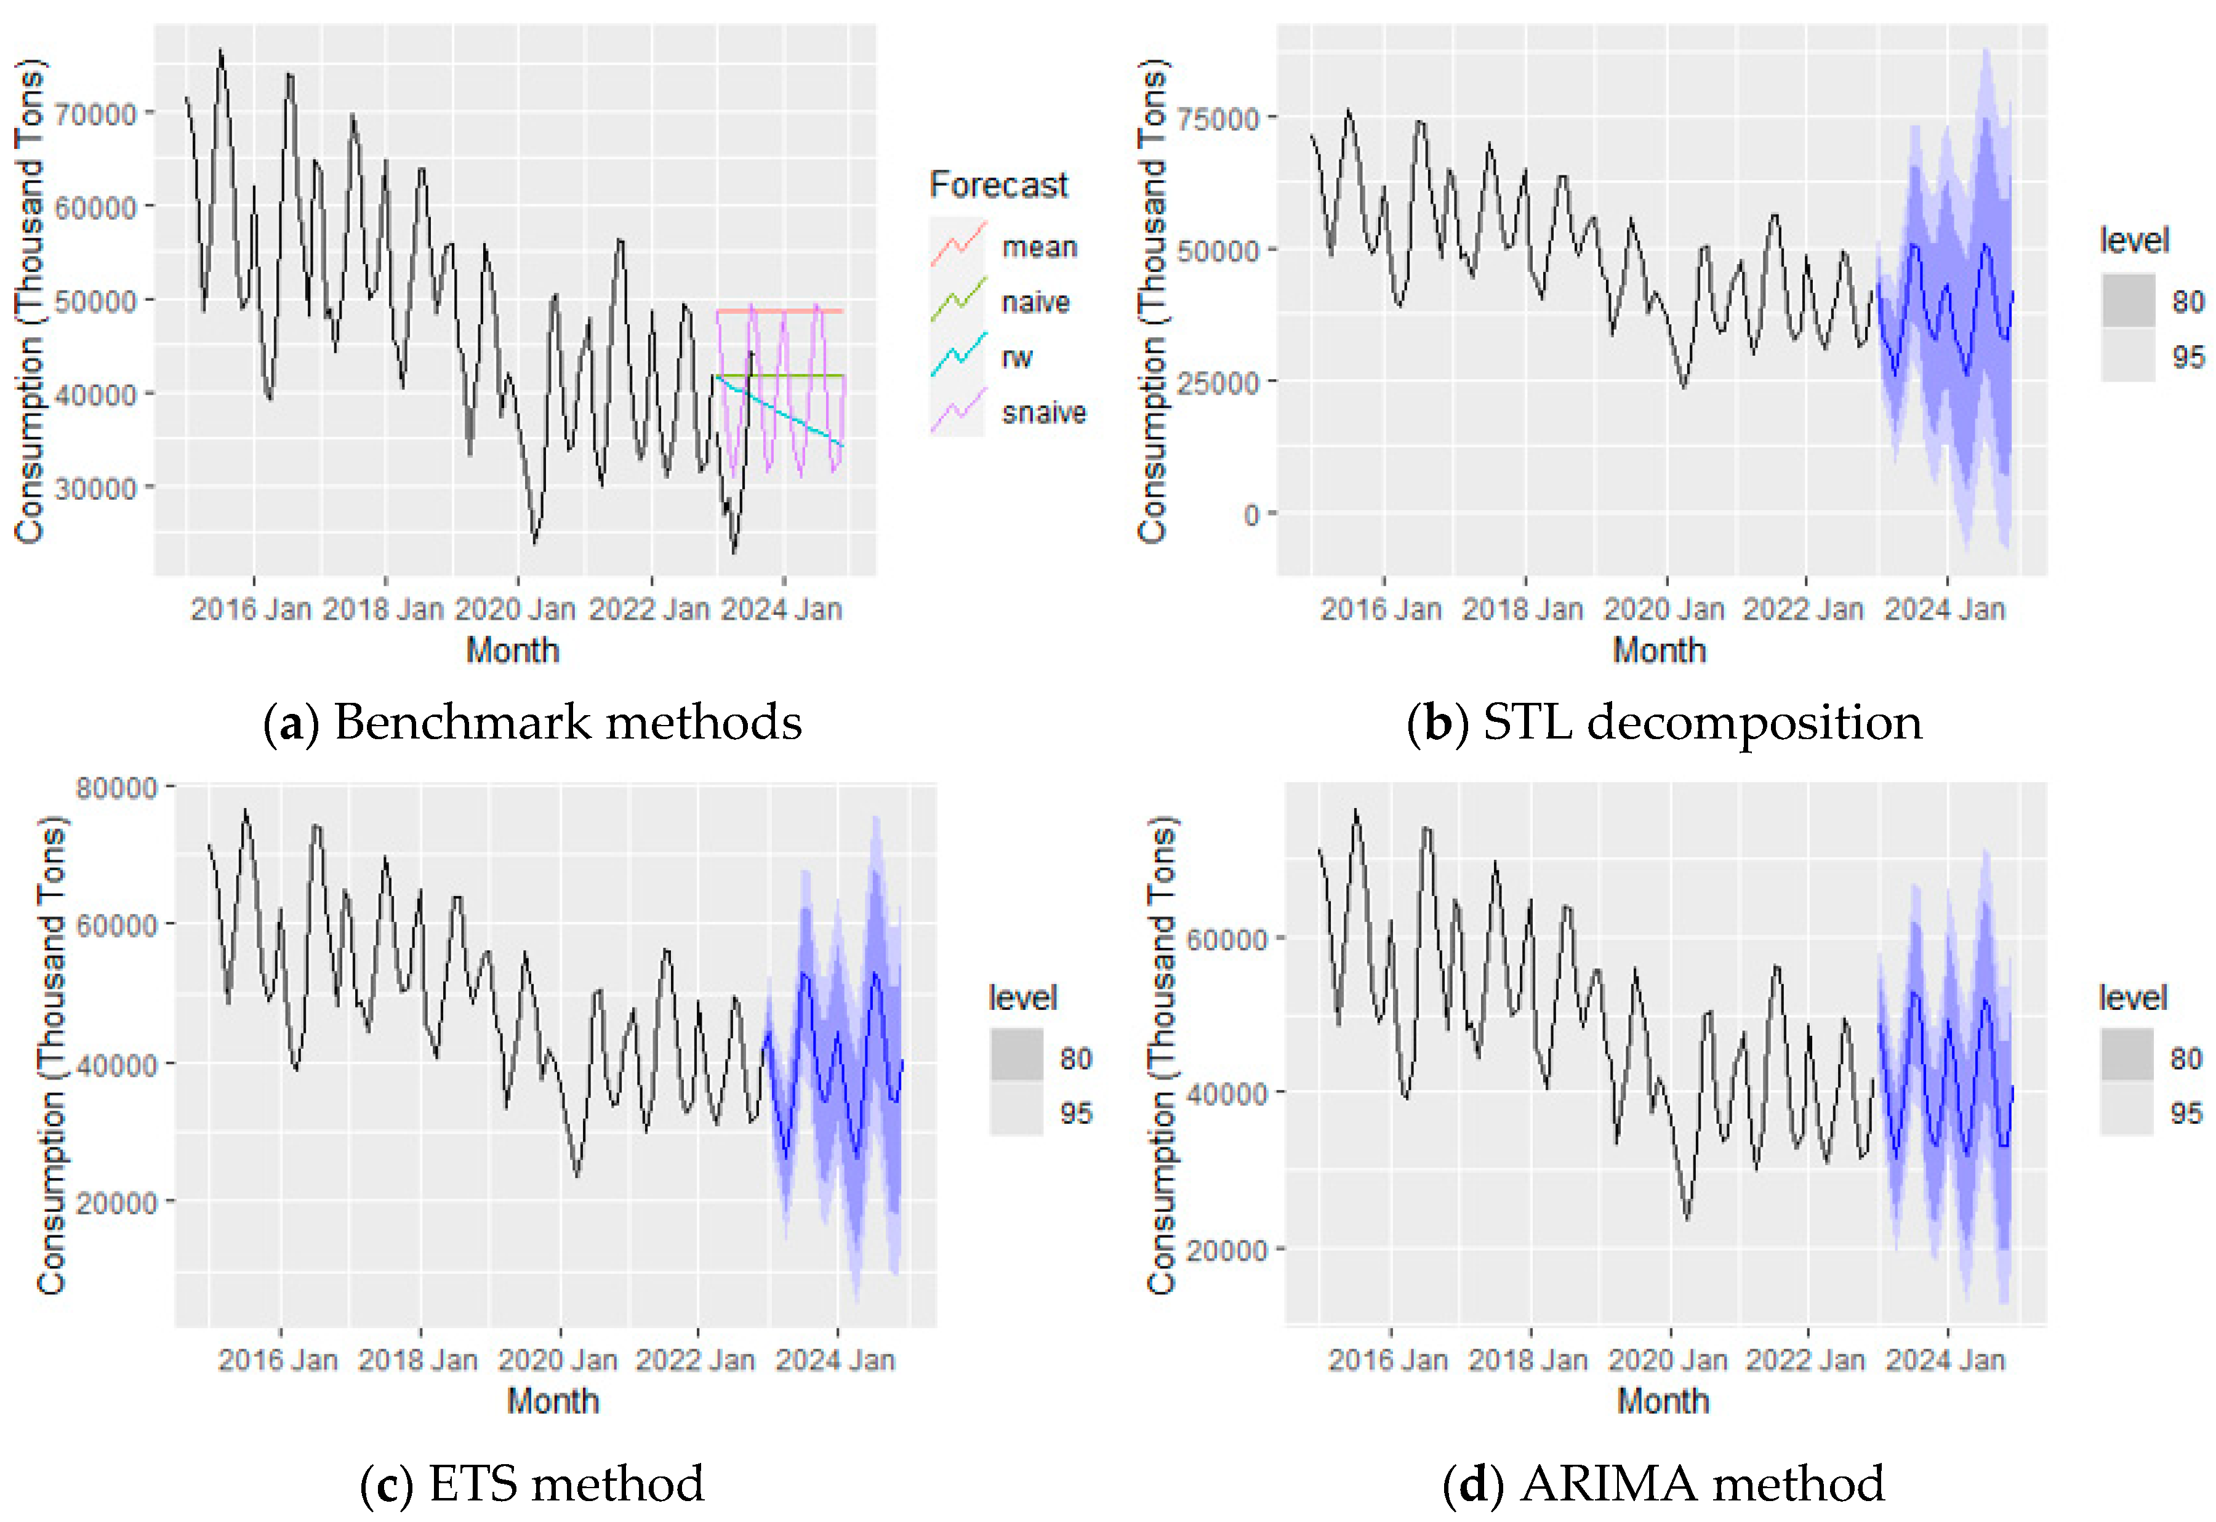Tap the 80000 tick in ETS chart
point(116,788)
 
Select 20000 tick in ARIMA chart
point(1226,1250)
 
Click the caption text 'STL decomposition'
point(1702,722)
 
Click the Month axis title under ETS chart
point(553,1401)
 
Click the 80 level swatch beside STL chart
point(2127,300)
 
